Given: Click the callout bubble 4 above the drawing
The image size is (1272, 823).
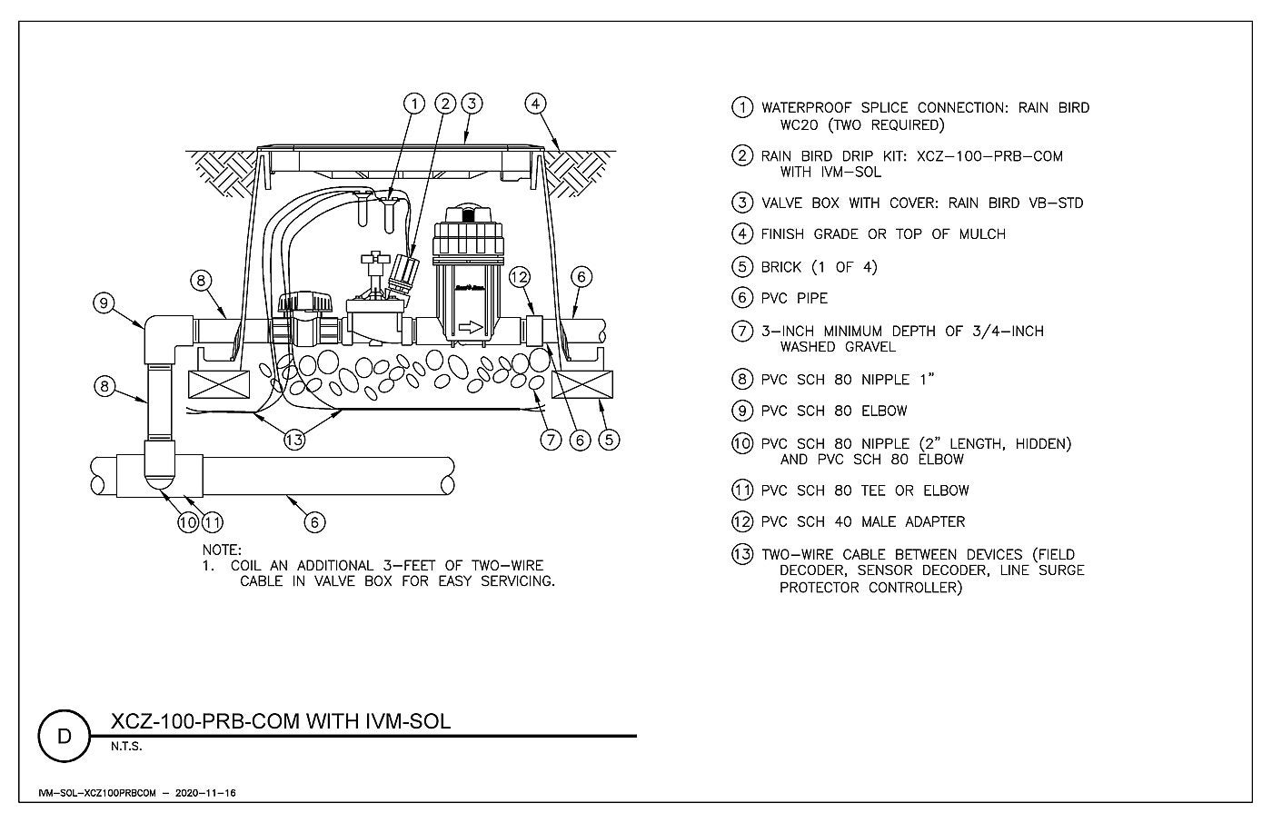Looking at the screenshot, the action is click(535, 104).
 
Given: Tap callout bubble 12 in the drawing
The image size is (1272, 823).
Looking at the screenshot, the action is click(519, 277).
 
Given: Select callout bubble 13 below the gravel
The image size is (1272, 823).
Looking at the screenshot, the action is click(294, 440).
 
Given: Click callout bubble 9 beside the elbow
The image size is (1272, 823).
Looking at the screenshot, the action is click(104, 302).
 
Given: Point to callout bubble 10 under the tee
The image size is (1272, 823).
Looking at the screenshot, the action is click(188, 521).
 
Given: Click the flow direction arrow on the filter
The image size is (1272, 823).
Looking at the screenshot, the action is click(471, 327).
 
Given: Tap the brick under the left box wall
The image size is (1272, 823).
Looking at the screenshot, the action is click(219, 384).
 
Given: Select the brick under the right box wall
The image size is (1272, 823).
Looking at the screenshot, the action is click(582, 384).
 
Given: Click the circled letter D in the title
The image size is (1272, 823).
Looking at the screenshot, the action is click(65, 736).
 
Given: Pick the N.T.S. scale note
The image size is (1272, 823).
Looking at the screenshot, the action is click(126, 747).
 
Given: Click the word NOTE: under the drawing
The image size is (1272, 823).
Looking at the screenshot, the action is click(222, 550).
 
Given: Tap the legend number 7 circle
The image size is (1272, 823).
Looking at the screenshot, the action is click(742, 331).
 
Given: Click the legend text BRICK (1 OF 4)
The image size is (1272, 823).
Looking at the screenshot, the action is click(819, 267).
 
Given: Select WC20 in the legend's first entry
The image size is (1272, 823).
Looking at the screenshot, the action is click(799, 124).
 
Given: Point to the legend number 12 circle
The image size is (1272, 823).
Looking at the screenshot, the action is click(742, 521).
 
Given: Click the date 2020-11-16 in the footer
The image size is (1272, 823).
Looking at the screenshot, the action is click(205, 793).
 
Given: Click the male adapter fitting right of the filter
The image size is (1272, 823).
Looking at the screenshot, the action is click(534, 331).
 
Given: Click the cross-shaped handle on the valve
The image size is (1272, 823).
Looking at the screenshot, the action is click(375, 262).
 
